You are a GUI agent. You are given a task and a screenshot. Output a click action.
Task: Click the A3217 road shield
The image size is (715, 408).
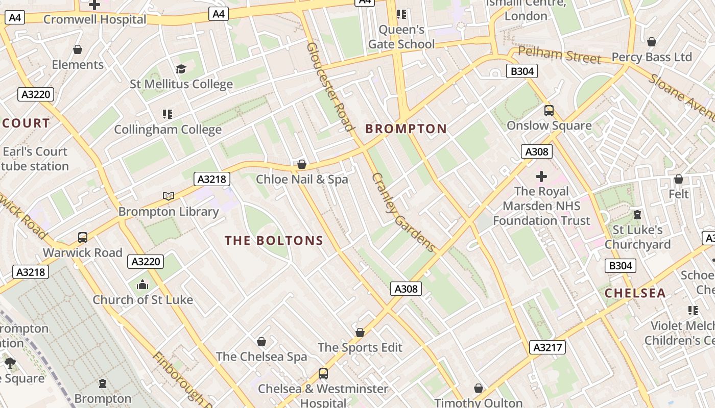click(547, 347)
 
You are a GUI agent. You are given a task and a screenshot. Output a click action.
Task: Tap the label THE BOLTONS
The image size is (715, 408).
click(274, 241)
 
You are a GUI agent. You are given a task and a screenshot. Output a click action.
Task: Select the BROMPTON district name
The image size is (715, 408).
click(406, 129)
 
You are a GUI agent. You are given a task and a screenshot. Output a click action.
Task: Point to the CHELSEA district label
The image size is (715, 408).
click(635, 293)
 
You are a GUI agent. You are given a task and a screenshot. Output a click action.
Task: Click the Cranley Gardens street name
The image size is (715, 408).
click(403, 212)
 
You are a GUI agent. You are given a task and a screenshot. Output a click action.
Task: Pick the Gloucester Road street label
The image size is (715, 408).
click(330, 86)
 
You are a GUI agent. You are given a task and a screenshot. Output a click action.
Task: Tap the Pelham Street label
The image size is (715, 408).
click(560, 55)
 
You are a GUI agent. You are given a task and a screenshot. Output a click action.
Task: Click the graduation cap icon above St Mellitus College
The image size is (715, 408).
click(181, 69)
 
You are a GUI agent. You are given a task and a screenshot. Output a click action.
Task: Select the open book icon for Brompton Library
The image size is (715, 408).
click(169, 196)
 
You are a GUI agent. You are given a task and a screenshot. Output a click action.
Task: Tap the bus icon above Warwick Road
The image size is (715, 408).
click(83, 237)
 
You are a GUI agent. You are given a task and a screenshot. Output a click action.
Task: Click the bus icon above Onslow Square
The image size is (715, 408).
click(549, 110)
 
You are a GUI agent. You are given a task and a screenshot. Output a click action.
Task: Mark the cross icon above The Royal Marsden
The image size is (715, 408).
click(541, 176)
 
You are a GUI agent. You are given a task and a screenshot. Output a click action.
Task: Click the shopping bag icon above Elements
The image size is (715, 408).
click(78, 49)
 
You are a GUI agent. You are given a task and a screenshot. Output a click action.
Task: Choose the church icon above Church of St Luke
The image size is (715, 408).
click(142, 285)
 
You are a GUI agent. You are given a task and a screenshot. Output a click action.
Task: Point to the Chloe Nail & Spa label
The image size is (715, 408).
click(302, 180)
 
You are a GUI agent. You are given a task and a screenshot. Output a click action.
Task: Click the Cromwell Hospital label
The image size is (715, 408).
click(95, 20)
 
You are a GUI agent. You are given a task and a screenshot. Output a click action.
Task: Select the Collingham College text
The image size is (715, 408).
click(168, 130)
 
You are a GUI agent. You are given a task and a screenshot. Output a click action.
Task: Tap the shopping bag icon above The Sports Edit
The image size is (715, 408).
click(360, 333)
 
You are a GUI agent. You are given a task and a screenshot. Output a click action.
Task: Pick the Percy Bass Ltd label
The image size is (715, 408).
click(652, 57)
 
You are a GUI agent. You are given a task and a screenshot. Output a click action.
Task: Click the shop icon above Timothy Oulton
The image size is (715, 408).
click(479, 389)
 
